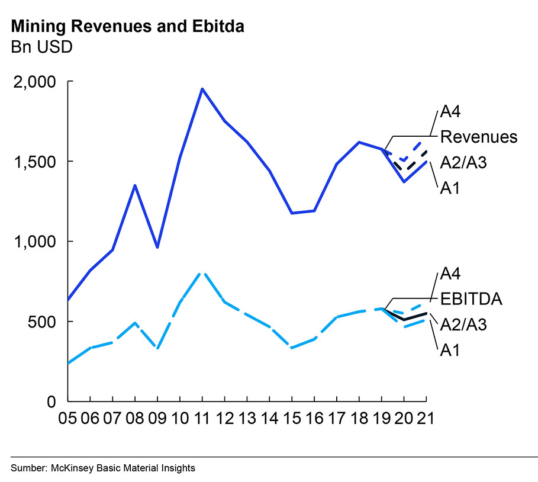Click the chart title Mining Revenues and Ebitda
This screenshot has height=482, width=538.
coord(127,26)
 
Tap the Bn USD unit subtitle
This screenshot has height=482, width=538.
coord(41,47)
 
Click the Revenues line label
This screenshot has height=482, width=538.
coord(478,137)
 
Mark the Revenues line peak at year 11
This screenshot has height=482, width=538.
coord(202,89)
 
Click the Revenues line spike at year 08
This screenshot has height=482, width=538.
coord(135,185)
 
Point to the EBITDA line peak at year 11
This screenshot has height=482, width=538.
coord(202,272)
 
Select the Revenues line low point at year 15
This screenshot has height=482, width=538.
coord(292,213)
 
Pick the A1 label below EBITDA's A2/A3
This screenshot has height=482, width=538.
coord(450,350)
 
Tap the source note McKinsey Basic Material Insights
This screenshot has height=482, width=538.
coord(103,468)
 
